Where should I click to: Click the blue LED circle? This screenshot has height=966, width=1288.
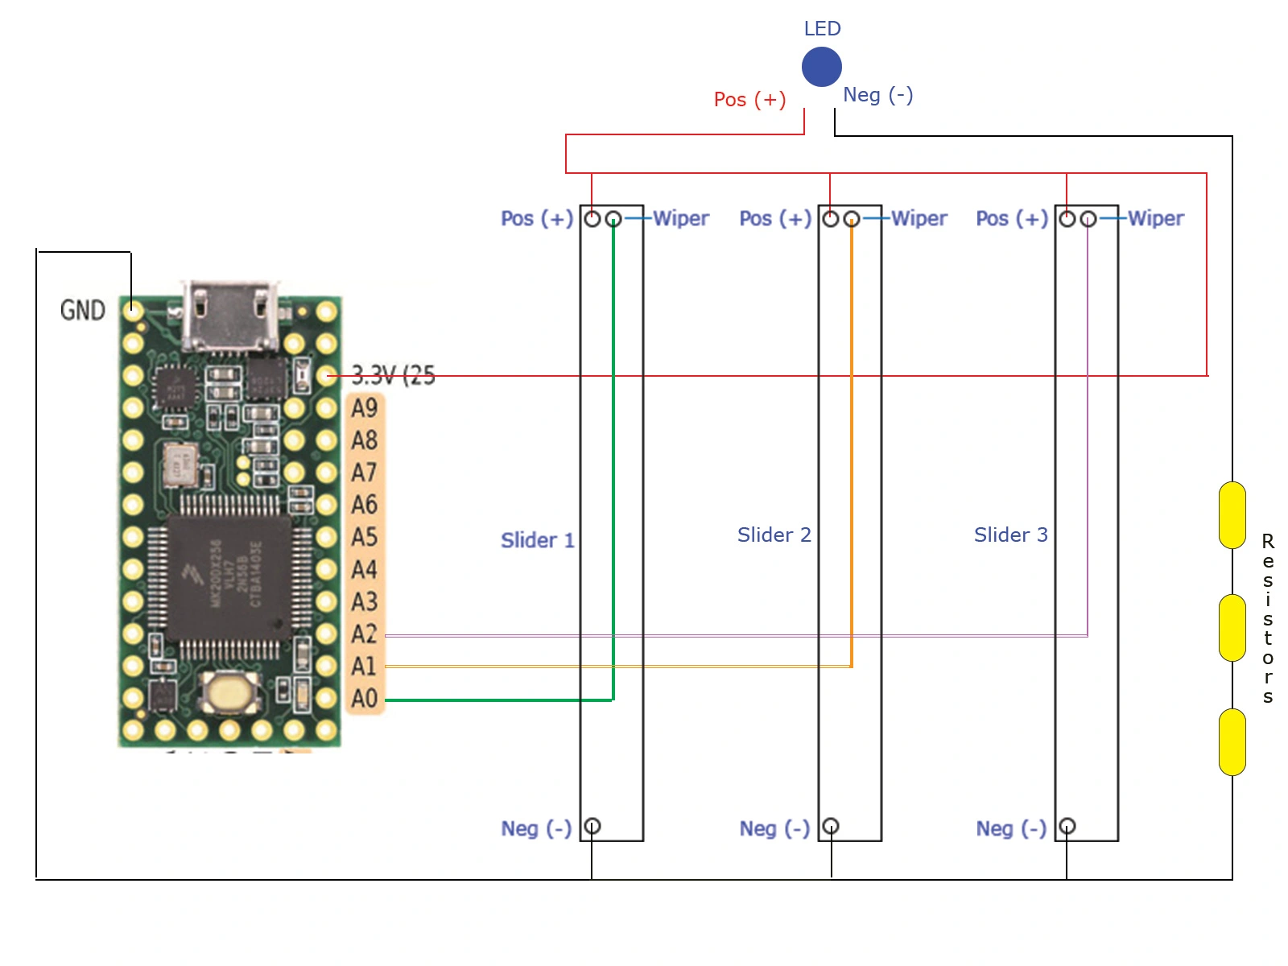click(x=821, y=67)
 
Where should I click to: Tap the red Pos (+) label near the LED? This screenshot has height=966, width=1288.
click(x=749, y=100)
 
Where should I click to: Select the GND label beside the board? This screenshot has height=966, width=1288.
click(x=83, y=311)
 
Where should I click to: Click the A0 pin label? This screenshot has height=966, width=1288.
click(x=365, y=698)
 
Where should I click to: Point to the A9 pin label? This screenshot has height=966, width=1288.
click(x=365, y=408)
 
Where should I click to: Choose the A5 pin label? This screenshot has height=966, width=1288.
click(x=365, y=537)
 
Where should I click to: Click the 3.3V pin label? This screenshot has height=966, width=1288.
click(x=393, y=375)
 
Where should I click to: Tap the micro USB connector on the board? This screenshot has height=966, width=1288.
click(x=229, y=316)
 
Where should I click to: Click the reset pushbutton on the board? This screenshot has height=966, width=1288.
click(x=230, y=692)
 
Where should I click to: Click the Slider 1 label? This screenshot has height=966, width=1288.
click(x=537, y=540)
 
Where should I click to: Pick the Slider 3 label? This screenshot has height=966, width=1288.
click(x=1010, y=535)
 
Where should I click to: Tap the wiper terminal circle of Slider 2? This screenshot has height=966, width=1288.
click(x=852, y=219)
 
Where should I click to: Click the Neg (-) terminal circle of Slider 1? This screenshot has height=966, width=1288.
click(x=592, y=826)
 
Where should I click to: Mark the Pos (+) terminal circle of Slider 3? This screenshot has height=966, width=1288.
click(x=1067, y=219)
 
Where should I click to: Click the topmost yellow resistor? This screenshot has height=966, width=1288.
click(x=1232, y=515)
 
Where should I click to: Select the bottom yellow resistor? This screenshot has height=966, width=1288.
click(x=1232, y=742)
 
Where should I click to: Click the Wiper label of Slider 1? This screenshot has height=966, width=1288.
click(x=681, y=219)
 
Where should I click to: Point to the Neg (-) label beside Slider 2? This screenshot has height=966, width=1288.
click(x=774, y=828)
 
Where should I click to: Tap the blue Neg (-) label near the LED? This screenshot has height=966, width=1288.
click(x=877, y=95)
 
